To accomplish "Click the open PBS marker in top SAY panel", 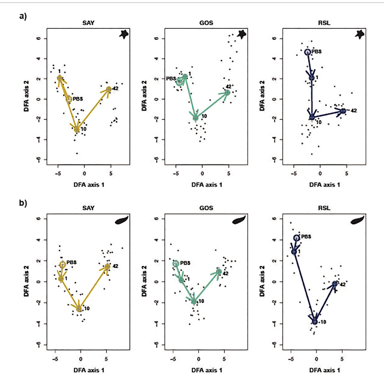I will [69, 99].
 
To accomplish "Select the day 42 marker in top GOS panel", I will [227, 93].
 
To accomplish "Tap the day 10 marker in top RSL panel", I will [312, 117].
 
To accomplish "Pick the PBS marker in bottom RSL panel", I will [297, 238].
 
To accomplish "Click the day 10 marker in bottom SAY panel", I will [79, 309].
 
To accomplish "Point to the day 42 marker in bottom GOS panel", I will [219, 272].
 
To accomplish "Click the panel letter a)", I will [23, 16].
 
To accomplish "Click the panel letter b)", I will [23, 203].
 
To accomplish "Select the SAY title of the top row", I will [88, 23].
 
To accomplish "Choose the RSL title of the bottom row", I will [324, 208].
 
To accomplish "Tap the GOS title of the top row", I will [206, 23].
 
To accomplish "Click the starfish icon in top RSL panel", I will [359, 35].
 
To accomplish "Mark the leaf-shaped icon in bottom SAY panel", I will [122, 221].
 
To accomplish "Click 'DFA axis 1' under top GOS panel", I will [207, 185].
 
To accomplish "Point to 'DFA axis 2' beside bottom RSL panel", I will [262, 281].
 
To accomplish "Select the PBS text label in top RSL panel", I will [317, 52].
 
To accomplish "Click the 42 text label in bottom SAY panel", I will [115, 266].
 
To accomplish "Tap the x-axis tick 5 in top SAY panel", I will [111, 174].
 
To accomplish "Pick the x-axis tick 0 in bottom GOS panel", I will [199, 359].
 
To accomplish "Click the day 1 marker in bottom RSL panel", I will [294, 252].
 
